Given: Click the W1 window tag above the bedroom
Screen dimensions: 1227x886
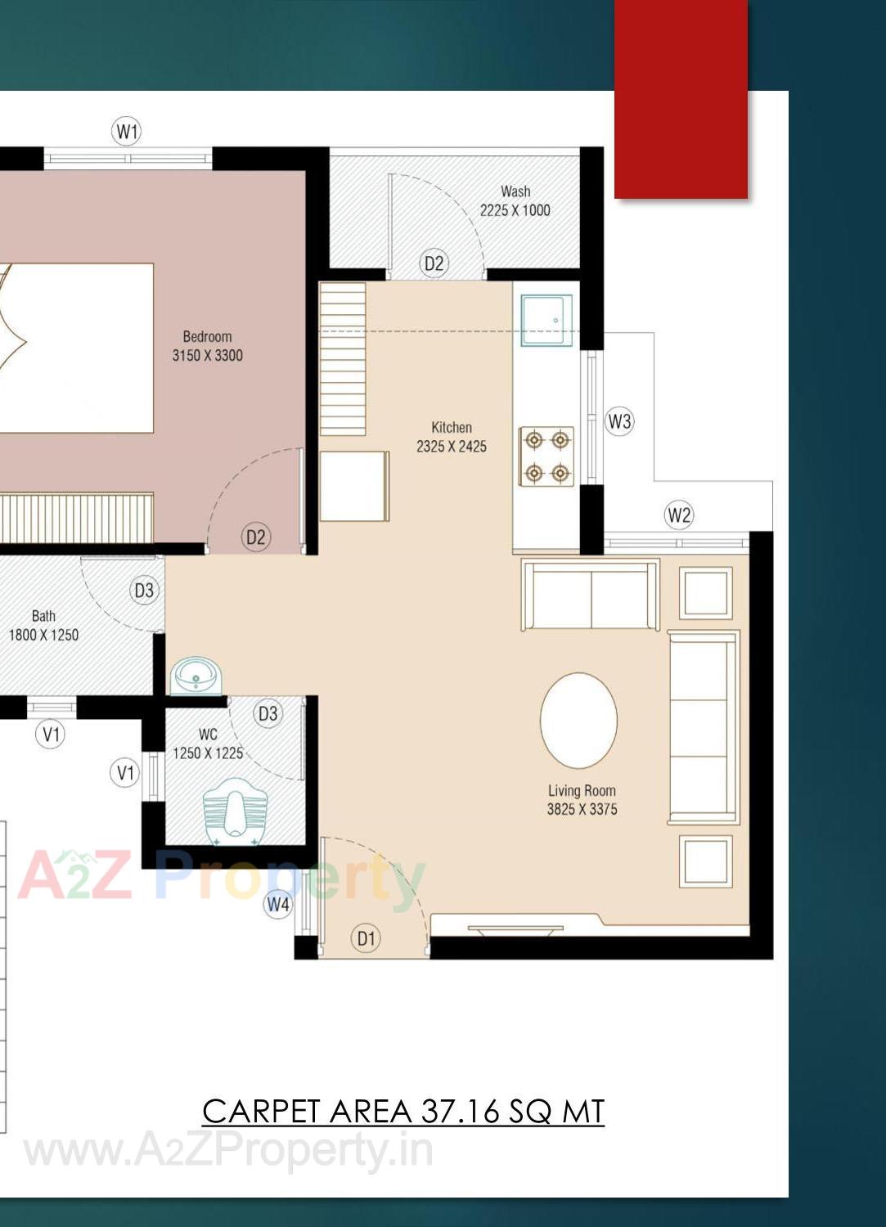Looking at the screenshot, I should click(127, 131).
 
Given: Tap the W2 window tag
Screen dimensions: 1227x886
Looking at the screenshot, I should click(679, 515).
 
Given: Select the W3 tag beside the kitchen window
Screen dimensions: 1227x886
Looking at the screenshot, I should click(619, 421).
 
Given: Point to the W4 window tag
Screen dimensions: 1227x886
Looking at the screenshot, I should click(278, 904).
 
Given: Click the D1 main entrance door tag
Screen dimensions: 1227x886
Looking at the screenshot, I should click(366, 938).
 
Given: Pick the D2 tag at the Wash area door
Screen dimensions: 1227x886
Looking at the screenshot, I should click(434, 263).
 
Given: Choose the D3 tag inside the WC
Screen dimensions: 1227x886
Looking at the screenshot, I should click(268, 713).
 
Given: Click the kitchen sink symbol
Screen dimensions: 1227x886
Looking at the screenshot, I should click(546, 321).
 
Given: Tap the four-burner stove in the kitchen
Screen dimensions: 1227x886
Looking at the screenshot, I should click(546, 456).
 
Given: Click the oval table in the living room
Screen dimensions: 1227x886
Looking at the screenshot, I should click(578, 720).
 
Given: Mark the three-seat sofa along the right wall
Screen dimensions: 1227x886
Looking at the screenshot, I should click(703, 726).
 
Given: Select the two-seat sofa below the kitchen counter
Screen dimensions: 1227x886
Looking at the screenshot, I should click(590, 595).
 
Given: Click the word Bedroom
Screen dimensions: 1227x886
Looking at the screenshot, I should click(207, 336).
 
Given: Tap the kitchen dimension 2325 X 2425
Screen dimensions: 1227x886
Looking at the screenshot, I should click(452, 447).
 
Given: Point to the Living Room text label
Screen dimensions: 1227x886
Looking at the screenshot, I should click(582, 790).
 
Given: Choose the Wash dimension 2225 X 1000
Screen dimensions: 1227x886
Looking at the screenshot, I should click(515, 210).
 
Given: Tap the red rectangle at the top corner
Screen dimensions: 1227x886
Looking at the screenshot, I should click(681, 98).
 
